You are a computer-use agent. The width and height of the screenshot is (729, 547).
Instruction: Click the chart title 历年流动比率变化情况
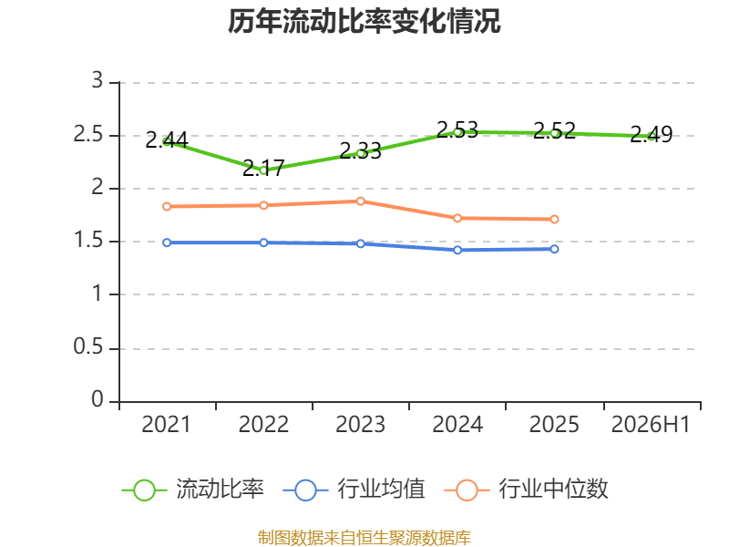pos(364,21)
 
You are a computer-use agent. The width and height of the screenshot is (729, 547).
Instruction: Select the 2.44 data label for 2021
pos(167,140)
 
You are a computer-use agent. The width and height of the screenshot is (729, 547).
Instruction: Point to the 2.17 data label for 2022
pos(263,168)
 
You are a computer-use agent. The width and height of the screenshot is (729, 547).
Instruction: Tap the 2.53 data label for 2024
pos(457,129)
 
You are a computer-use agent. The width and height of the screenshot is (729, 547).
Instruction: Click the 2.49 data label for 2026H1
pos(652,134)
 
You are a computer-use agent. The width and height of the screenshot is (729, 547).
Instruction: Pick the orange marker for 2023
pos(361,201)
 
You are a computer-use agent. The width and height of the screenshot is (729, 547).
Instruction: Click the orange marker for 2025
pos(554,219)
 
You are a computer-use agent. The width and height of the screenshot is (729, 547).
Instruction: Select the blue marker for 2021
pos(167,243)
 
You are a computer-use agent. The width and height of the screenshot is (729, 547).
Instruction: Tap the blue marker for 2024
pos(457,250)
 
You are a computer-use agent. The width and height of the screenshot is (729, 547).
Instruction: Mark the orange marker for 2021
pos(167,207)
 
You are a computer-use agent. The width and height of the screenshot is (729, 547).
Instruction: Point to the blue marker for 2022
pos(263,243)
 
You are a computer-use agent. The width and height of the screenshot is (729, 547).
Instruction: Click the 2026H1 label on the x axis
pos(651,425)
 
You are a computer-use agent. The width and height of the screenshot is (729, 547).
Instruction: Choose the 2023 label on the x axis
pos(360,425)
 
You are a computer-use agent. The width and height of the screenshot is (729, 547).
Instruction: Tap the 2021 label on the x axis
pos(167,425)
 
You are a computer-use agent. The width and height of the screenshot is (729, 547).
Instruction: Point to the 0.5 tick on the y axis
pos(88,347)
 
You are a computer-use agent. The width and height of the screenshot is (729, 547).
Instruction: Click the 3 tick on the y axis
pos(98,80)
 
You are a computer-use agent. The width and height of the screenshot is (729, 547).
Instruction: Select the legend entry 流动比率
pos(193,490)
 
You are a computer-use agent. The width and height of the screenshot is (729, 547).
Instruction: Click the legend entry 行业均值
pos(354,490)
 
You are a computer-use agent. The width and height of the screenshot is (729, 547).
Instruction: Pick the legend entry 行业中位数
pos(527,490)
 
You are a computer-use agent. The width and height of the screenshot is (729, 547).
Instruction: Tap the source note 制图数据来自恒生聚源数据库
pos(364,538)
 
